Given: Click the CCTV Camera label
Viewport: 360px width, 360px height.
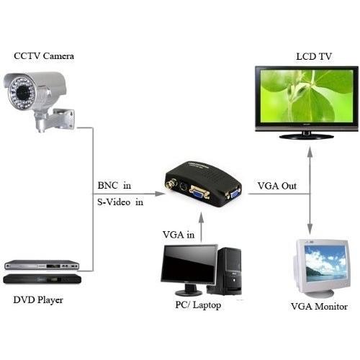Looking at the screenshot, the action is [44, 56].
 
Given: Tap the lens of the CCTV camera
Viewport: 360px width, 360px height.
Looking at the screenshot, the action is [23, 92].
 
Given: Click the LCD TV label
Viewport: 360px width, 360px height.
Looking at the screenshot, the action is [314, 57].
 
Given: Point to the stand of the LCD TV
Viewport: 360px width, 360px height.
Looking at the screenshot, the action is [307, 136].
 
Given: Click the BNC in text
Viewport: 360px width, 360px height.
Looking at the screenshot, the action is [114, 186].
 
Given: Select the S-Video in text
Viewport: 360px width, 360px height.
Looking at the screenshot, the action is [120, 202].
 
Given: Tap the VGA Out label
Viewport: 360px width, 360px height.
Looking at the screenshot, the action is [277, 186].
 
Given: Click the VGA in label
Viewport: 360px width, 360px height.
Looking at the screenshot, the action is [179, 235].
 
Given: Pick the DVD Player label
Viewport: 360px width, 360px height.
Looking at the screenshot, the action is [38, 300].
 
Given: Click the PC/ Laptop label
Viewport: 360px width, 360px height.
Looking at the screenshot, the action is [198, 305].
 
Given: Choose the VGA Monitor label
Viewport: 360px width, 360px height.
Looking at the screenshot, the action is [319, 307].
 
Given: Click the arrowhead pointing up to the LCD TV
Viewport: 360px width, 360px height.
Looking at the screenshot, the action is [310, 152].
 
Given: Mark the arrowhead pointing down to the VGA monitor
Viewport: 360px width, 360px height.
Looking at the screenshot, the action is [310, 229].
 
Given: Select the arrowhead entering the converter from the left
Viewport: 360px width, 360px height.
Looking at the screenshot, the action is [160, 194].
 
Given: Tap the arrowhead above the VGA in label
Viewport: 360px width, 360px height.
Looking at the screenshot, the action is [202, 218].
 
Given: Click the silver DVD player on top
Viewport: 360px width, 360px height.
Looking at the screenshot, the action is [42, 265].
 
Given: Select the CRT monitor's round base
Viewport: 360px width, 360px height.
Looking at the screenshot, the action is [320, 294].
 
